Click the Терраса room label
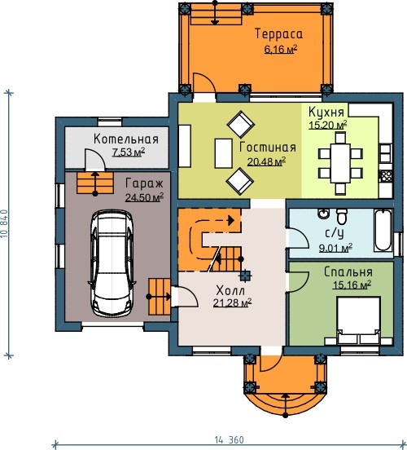tap(278, 34)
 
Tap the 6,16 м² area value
tap(280, 50)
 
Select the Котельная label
tap(126, 139)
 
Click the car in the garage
tap(112, 264)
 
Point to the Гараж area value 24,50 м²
tap(144, 197)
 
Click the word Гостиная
tap(268, 148)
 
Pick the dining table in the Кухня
tap(340, 163)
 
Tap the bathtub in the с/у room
tap(383, 230)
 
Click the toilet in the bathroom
tap(342, 217)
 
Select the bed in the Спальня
tap(358, 320)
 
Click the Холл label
tap(230, 291)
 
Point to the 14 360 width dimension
tap(230, 439)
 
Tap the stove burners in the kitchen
tap(386, 176)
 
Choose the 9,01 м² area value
tap(336, 248)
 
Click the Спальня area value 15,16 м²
tap(352, 285)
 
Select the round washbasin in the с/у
tap(324, 214)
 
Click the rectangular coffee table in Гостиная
tap(223, 153)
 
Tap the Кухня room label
tap(326, 112)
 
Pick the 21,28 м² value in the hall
tap(233, 302)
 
